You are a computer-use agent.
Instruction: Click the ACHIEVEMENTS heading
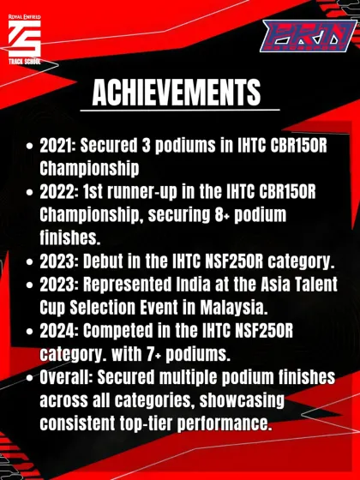point(176,91)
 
